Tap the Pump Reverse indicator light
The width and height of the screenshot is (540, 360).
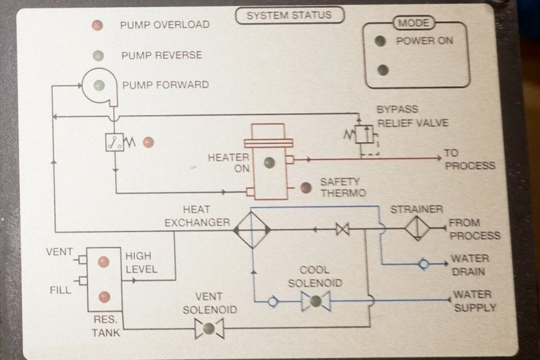98,56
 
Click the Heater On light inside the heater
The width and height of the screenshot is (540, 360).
269,162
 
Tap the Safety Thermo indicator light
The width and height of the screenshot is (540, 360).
306,188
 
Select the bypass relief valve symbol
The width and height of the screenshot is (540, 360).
362,134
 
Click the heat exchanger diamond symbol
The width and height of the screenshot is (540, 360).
251,229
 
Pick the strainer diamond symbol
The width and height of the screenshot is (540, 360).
418,229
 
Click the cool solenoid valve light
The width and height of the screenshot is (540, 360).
316,301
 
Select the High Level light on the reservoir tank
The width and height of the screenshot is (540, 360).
104,262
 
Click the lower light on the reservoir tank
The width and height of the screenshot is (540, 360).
104,296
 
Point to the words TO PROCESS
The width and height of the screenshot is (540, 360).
469,160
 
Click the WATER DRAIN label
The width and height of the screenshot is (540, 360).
470,265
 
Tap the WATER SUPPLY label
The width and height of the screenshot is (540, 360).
475,301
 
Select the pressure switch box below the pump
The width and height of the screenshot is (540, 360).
115,142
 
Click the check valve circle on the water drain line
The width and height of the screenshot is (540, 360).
424,264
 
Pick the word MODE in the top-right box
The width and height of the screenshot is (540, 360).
414,23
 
